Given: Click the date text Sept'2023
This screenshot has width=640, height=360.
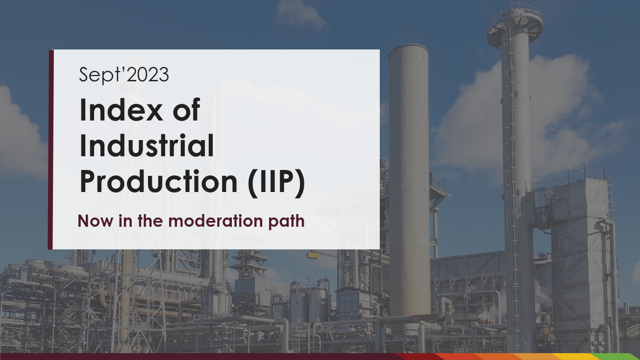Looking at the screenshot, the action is (x=123, y=75).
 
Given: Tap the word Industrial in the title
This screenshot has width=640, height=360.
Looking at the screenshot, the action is (x=147, y=145).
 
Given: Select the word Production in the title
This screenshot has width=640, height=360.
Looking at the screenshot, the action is (x=158, y=181).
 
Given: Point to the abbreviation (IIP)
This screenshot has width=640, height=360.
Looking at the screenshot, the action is (x=276, y=183).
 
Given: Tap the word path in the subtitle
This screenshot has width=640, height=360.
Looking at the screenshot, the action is (x=286, y=221).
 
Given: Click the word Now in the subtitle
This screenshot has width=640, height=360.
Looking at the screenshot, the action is (x=96, y=221).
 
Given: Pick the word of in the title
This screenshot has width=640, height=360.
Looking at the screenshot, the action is (x=186, y=110).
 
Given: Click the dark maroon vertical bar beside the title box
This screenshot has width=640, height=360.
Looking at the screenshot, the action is (x=50, y=149).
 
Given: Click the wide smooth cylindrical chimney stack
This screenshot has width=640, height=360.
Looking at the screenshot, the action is (x=409, y=180).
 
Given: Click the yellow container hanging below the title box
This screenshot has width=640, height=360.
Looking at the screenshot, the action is (x=313, y=255).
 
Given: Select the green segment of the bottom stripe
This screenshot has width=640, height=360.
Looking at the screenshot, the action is (x=617, y=357).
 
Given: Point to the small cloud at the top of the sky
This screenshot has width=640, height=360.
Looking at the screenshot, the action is (x=300, y=14).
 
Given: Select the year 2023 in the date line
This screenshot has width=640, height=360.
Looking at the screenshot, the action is (x=148, y=75).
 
